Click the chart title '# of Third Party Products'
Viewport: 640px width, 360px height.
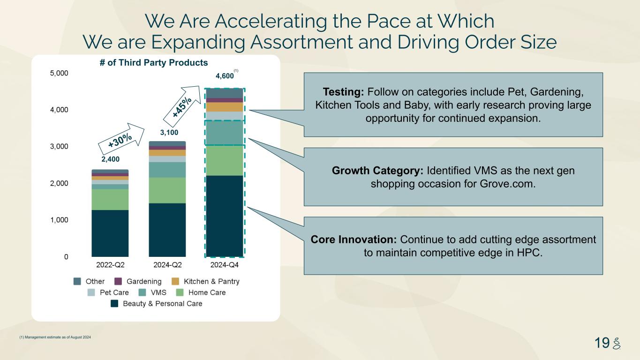point(154,62)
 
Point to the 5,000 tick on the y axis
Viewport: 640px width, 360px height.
point(59,73)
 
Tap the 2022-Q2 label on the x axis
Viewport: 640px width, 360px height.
point(110,265)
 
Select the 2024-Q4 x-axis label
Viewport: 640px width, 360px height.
point(224,265)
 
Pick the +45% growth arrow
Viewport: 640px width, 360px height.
point(182,106)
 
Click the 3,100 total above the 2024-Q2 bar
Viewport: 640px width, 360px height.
point(169,133)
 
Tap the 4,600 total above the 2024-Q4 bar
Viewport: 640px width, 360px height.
point(225,76)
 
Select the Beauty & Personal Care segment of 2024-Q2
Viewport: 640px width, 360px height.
point(167,230)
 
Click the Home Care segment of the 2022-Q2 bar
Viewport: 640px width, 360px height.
point(110,199)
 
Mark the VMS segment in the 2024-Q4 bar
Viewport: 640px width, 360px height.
point(225,133)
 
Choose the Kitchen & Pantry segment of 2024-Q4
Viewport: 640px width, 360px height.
point(225,107)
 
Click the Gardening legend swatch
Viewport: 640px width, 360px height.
point(118,281)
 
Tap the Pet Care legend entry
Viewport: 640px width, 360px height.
point(108,292)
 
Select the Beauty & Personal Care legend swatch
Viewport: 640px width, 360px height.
point(114,303)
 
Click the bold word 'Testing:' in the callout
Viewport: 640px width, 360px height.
point(343,92)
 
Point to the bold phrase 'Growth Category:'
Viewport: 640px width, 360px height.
point(377,171)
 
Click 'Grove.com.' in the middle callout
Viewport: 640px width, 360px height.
point(508,184)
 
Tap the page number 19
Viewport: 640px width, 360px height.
point(602,343)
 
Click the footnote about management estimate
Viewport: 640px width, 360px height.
point(55,337)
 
